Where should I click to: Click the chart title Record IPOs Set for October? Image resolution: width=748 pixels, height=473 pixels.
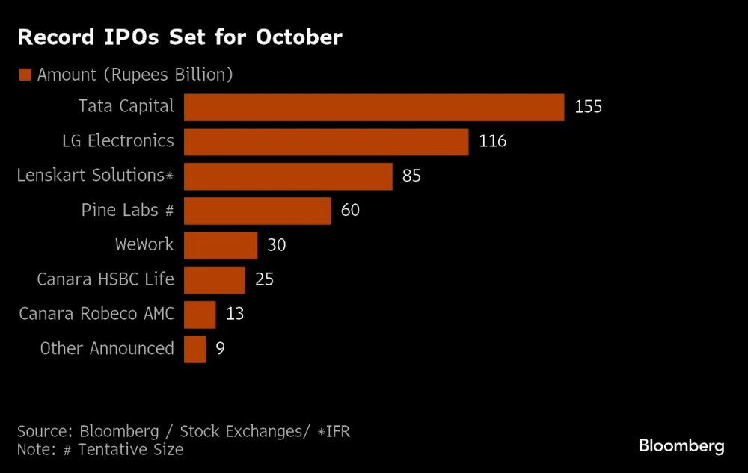click(x=180, y=37)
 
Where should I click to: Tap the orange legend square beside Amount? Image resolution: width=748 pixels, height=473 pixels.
click(x=25, y=75)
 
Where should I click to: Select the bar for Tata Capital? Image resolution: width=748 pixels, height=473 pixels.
click(x=374, y=107)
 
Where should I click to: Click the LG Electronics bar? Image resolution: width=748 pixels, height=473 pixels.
click(x=326, y=141)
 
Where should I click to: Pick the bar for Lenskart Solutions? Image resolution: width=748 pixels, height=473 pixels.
click(x=288, y=176)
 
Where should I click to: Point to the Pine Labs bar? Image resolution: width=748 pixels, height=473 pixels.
click(x=257, y=211)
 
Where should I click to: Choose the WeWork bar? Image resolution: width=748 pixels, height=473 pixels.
click(x=221, y=245)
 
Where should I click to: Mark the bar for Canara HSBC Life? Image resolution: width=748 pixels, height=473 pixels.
click(x=215, y=280)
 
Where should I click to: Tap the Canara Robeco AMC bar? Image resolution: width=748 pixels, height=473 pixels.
click(x=200, y=315)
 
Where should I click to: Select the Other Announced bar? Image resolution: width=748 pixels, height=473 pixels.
click(x=194, y=349)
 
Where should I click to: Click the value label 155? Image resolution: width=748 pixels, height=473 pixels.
click(x=588, y=107)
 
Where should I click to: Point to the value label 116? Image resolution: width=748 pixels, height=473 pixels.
click(x=493, y=141)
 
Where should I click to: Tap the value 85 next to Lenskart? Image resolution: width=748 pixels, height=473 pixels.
click(x=411, y=176)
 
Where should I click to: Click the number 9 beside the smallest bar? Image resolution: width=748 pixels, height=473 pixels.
click(x=220, y=349)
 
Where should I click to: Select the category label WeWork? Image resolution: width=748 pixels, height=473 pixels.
click(x=144, y=244)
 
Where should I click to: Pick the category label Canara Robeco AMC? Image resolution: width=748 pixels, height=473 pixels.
click(x=96, y=314)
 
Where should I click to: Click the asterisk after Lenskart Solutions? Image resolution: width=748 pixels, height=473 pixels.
click(x=170, y=176)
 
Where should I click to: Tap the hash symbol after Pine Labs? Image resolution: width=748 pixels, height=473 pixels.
click(x=168, y=211)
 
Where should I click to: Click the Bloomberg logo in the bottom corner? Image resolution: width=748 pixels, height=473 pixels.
click(x=681, y=446)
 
